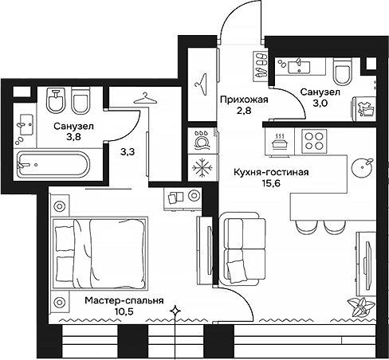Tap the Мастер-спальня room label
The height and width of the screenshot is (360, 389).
[x=124, y=302]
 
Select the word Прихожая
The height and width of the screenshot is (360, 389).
[x=242, y=100]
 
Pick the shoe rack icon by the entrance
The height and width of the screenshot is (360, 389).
[x=261, y=64]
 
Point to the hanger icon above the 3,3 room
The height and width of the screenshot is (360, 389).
[x=143, y=98]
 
